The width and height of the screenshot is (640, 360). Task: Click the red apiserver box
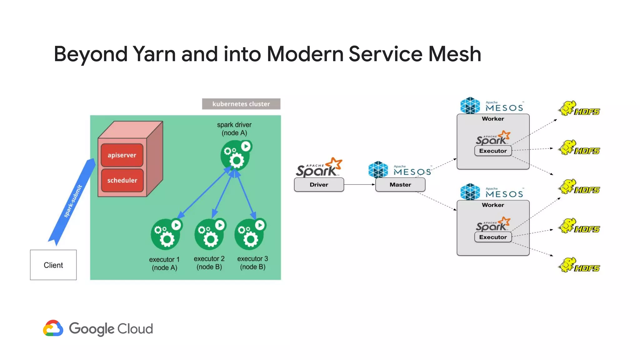122,155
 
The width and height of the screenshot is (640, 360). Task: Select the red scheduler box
122,180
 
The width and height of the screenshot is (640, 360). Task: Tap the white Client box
53,265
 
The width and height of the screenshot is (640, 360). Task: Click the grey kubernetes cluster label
241,104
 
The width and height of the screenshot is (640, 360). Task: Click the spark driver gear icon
235,155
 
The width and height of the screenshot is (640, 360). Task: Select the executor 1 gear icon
166,234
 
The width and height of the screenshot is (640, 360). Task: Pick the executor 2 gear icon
209,234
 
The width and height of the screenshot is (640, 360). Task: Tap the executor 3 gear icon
249,234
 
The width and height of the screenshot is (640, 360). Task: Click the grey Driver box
319,185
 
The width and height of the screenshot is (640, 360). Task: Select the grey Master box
400,185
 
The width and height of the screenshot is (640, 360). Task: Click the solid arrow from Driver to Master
359,184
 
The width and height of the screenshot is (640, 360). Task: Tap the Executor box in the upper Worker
493,151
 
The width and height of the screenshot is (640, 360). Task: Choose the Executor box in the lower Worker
493,237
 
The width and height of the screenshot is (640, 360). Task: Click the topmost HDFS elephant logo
579,109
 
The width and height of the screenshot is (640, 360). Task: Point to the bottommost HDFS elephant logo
579,265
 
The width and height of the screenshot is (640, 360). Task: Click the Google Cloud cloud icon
53,328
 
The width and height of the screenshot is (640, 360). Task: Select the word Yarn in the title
154,54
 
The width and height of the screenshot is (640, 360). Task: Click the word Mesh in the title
454,54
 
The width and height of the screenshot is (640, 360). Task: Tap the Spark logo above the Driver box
319,168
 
